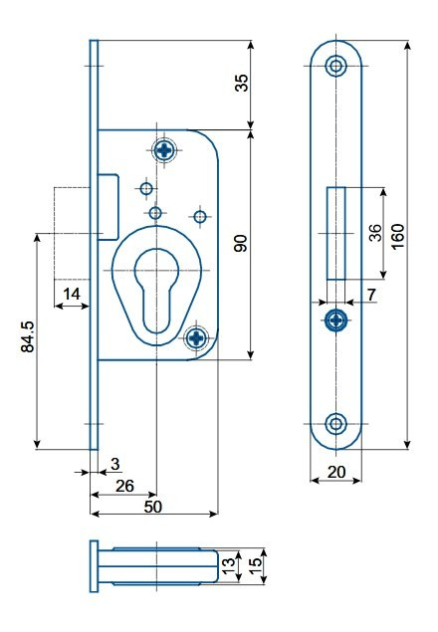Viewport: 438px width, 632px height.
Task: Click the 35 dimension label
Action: coord(242,83)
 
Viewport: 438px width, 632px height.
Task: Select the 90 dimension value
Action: coord(241,243)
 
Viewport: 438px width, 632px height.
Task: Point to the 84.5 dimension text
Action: coord(28,337)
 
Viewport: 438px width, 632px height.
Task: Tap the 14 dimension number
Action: coord(72,295)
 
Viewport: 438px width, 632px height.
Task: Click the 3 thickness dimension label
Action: coord(115,465)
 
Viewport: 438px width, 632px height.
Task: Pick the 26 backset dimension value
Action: coord(124,486)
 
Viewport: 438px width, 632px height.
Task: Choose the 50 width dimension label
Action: coord(153,507)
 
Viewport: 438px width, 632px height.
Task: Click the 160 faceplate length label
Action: coord(397,237)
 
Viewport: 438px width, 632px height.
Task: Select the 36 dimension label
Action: coord(375,233)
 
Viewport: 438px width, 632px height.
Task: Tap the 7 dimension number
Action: coord(371,295)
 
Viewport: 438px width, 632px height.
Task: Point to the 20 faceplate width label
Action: coord(336,472)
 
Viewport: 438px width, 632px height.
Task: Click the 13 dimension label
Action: coord(228,566)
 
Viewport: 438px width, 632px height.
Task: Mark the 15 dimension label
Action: coord(256,566)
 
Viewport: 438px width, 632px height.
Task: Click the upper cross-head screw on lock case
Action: coord(164,150)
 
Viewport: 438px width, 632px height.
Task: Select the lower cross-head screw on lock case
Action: coord(196,337)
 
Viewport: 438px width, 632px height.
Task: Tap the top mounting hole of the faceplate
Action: coord(335,66)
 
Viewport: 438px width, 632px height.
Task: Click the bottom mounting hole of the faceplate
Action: coord(335,424)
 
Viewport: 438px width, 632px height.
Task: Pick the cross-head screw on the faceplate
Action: coord(335,320)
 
